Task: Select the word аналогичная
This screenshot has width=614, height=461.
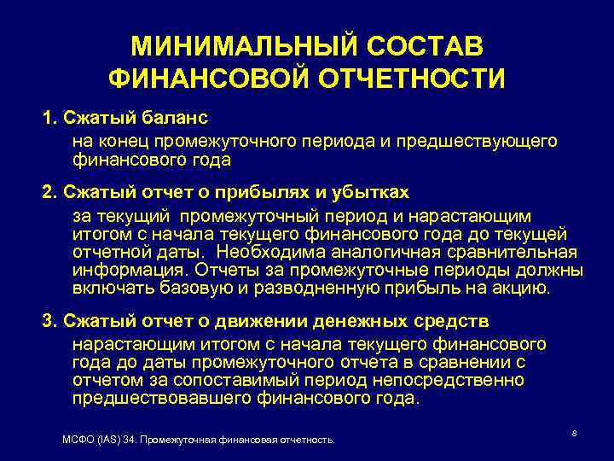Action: tap(385, 253)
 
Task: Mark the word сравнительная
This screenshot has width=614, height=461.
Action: tap(515, 253)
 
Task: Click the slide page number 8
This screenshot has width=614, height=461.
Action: tap(575, 434)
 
